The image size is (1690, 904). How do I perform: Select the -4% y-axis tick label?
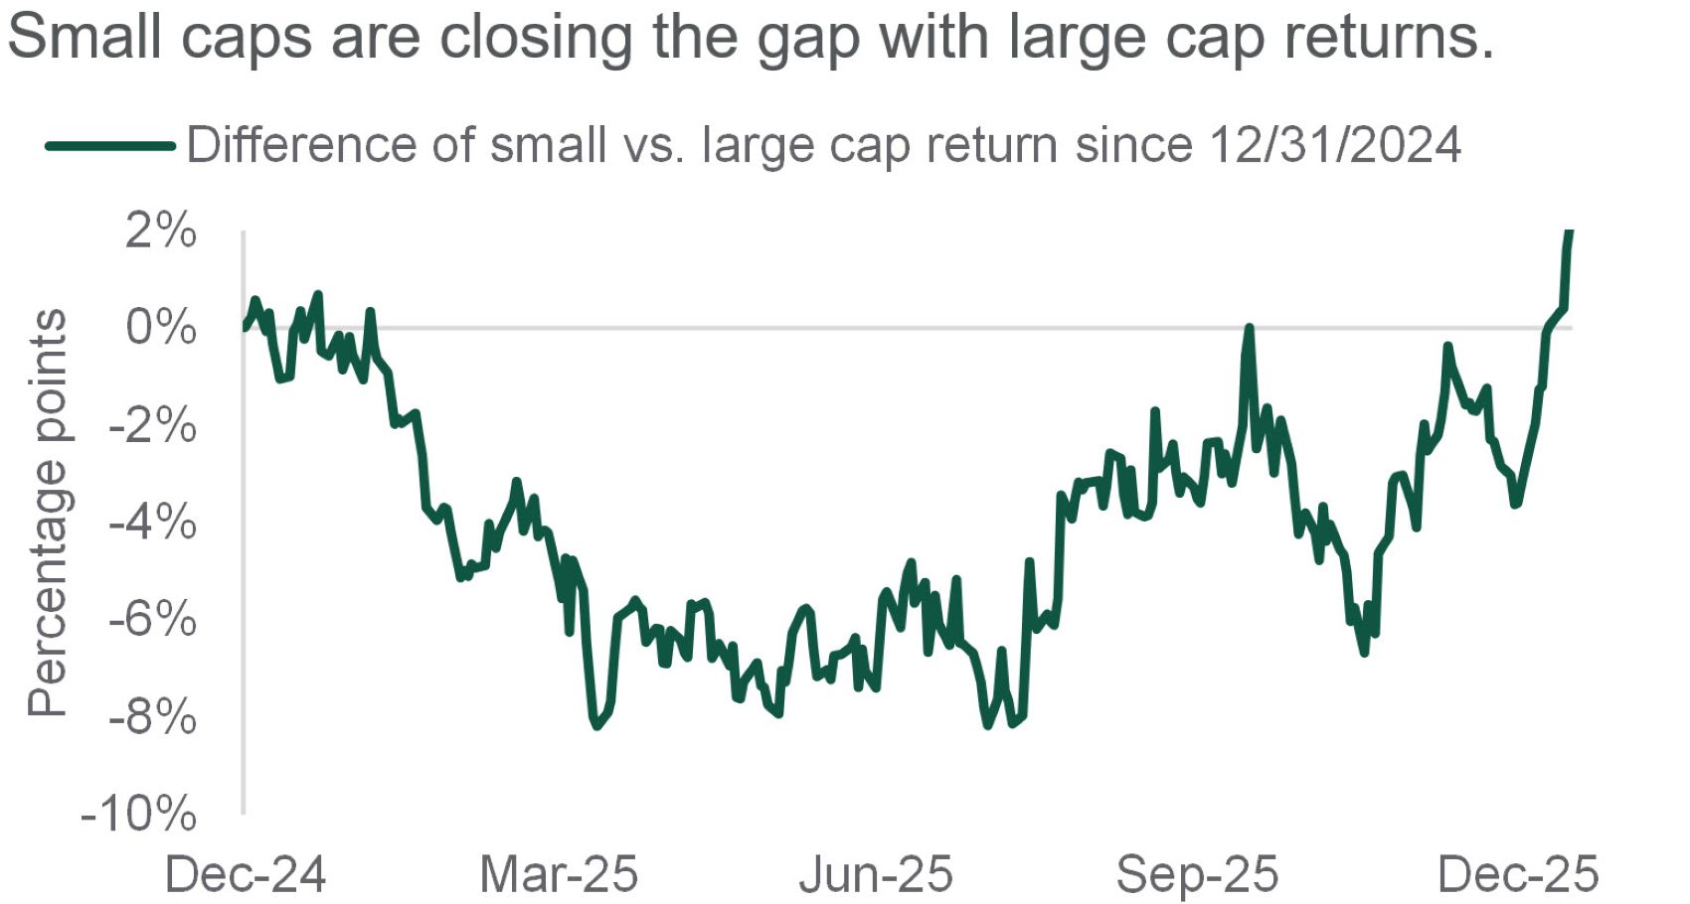coord(153,523)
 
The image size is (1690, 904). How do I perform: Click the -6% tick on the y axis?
coord(153,620)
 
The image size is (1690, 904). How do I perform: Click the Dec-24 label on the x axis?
coord(245,875)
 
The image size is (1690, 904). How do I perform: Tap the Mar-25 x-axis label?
coord(559,875)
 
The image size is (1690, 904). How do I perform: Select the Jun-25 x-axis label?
coord(876,875)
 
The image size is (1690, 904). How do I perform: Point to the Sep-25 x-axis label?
coord(1197,875)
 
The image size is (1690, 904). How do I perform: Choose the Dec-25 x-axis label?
coord(1518,875)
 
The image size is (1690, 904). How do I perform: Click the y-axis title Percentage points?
coord(48,513)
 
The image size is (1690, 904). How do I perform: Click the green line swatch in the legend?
coord(110,146)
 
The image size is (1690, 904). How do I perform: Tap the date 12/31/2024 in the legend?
coord(1335,146)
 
